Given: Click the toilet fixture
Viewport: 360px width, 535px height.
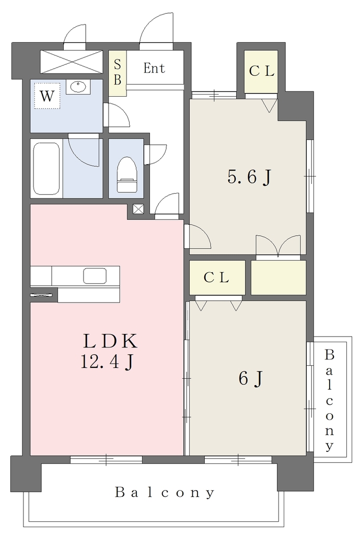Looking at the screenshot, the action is pos(126,175).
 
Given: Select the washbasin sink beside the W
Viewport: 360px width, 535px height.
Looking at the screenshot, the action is pos(78,87).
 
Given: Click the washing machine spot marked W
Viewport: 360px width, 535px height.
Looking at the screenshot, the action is pos(47,96).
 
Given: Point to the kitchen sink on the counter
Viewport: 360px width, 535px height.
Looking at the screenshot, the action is pos(95,275).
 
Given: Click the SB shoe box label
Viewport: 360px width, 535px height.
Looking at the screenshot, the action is pos(118,72).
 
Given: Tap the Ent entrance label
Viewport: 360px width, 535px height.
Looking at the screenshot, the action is pos(154,68).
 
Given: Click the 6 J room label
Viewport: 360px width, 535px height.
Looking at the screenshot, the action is pos(251,378).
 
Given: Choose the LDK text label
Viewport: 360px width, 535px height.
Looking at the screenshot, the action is pos(110,341).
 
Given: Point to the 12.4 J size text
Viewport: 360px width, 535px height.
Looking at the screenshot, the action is pos(107,362).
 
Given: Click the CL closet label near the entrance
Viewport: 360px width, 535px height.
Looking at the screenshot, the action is pos(261,71).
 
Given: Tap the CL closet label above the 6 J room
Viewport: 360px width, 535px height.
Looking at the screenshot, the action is pos(216,278).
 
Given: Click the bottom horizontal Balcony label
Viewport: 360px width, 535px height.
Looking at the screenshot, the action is pos(165,493).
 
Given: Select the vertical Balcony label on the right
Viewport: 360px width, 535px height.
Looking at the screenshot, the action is pos(329,400).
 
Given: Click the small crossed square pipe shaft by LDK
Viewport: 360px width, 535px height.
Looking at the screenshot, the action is pos(138,209).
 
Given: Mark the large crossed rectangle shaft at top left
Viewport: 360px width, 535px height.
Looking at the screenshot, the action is pos(71,62).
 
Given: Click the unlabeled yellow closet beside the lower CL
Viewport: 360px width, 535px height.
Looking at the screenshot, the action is pos(278,277).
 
